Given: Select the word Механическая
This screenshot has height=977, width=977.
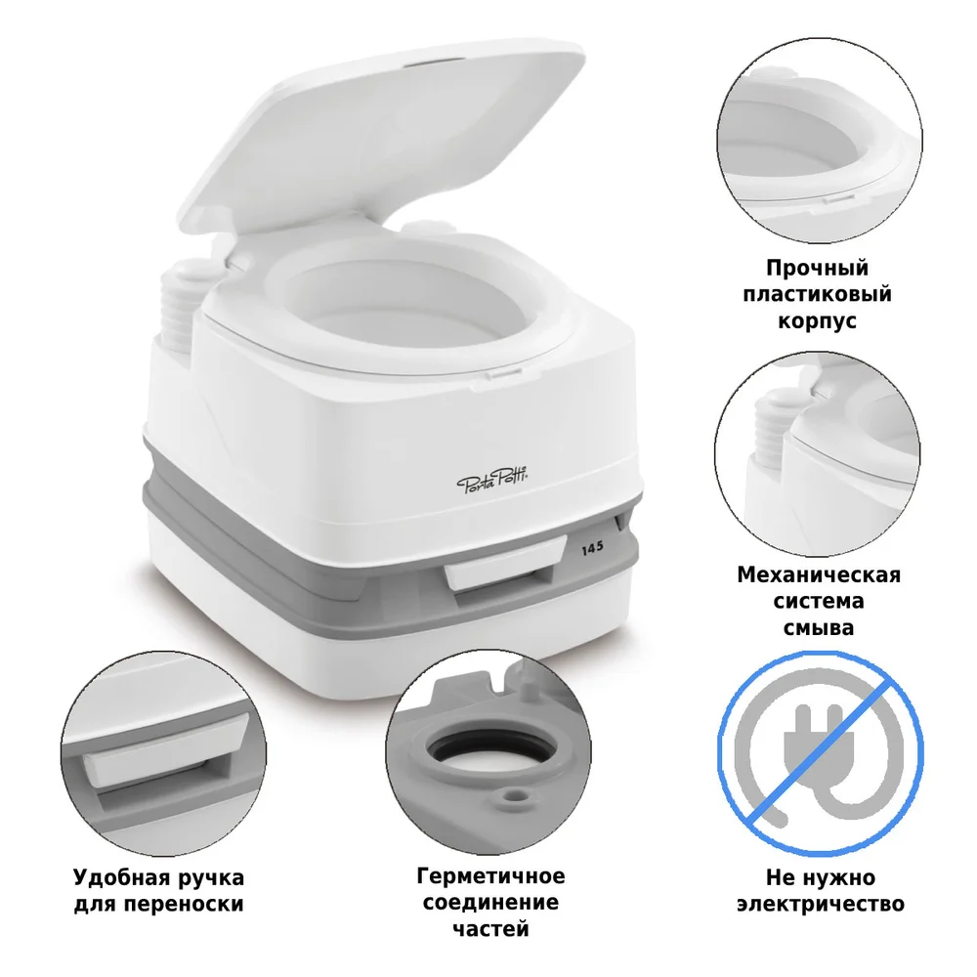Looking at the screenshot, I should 819,574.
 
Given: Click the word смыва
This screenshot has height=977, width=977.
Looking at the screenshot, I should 818,627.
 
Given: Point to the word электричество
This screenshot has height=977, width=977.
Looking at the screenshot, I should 819,904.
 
